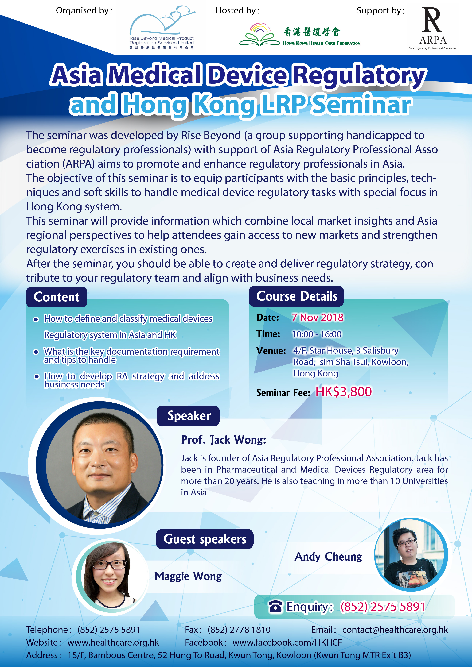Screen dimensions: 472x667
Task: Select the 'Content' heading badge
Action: coord(57,297)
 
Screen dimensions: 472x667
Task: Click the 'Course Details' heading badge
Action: coord(296,296)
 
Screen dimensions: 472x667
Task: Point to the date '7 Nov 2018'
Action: coord(317,318)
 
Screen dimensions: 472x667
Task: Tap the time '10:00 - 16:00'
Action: coord(317,334)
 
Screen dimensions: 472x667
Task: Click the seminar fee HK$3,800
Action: coord(344,392)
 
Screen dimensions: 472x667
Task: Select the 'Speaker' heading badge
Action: coord(188,416)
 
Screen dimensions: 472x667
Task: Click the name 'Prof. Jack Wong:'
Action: coord(224,440)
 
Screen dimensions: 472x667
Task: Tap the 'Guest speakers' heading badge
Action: coord(205,539)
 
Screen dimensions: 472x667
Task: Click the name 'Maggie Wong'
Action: coord(188,576)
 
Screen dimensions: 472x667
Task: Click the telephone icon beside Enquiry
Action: coord(275,607)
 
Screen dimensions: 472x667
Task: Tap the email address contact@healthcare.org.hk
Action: coord(395,630)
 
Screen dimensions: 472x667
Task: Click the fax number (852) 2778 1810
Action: coord(239,630)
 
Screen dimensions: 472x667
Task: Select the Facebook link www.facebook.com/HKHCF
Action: coord(287,642)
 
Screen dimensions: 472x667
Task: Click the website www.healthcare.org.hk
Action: coord(113,642)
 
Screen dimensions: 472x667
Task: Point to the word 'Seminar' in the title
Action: coord(361,104)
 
